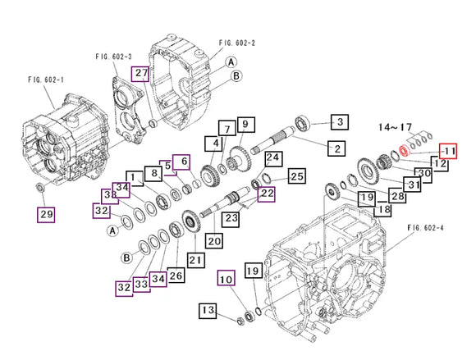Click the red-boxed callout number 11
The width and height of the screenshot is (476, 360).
tap(446, 152)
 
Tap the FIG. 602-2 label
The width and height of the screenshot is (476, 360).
tap(237, 43)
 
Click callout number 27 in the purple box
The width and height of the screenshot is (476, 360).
tap(141, 74)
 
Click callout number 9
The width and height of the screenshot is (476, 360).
tap(244, 125)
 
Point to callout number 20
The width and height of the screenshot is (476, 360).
tap(214, 241)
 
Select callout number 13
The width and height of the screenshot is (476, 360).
tap(207, 310)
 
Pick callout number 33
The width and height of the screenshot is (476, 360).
tap(142, 284)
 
